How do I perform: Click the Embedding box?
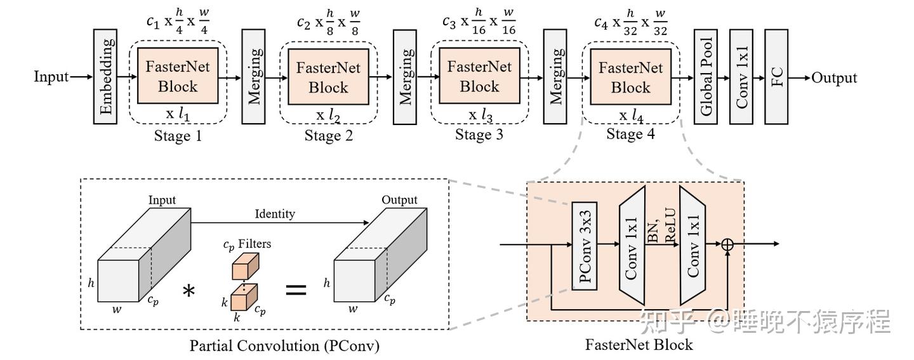coord(105,76)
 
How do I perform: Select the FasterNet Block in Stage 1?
coord(178,76)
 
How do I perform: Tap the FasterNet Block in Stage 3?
coord(479,76)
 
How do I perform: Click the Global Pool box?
coord(706,76)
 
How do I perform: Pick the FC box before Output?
coord(777,76)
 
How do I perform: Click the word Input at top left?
coord(51,77)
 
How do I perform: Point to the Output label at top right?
coord(834,78)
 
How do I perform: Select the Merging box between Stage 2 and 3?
coord(405,77)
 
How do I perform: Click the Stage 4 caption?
coord(630,134)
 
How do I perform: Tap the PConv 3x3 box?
coord(585,246)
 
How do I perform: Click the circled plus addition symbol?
coord(727,244)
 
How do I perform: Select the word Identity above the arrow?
coord(274,214)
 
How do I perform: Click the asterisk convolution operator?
coord(189,291)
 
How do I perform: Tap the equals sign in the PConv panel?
coord(296,291)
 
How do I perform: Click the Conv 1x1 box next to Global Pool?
coord(741,76)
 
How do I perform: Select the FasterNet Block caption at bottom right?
coord(639,345)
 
